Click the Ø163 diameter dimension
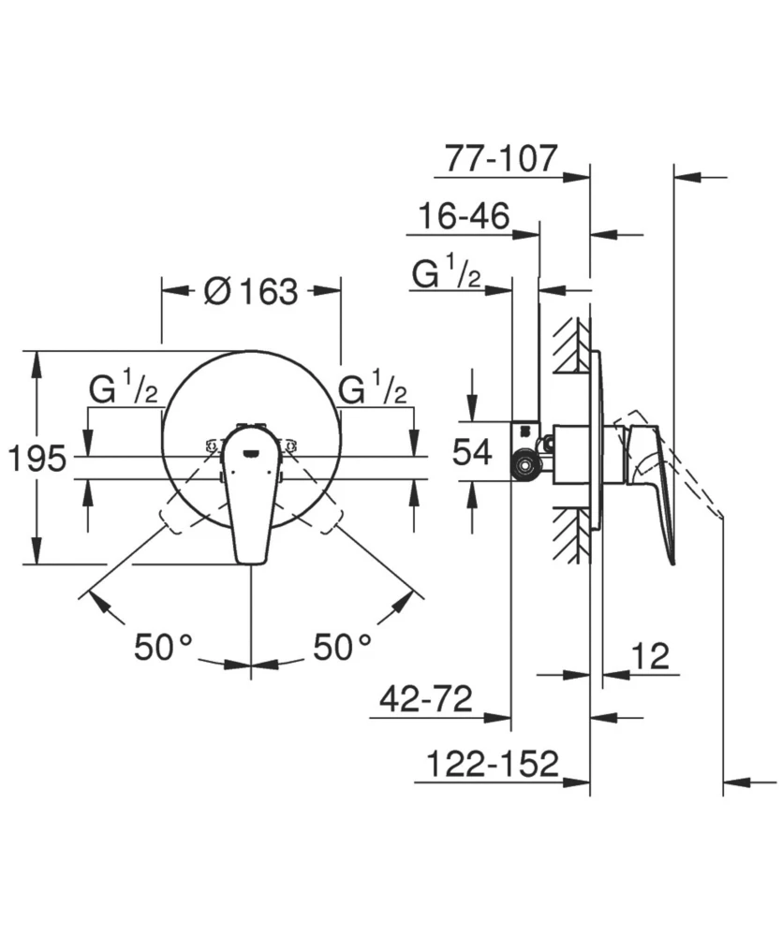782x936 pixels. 250,291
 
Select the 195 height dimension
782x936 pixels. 37,459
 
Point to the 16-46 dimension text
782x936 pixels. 464,215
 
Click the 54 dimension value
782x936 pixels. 472,451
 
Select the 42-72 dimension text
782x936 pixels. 426,698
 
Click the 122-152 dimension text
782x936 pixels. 493,764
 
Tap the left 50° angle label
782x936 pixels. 163,647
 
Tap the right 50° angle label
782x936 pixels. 343,647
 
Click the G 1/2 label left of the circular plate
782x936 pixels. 124,388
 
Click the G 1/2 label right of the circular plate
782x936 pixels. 373,388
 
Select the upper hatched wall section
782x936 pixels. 571,345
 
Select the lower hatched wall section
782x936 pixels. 571,534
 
